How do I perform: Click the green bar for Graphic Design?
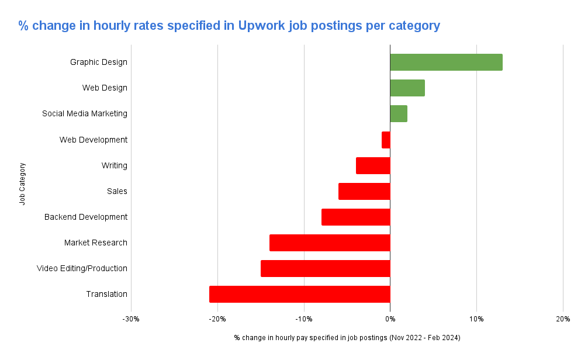tap(446, 62)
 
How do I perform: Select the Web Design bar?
tap(407, 88)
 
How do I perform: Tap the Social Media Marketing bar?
tap(399, 113)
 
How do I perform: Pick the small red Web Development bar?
tap(386, 140)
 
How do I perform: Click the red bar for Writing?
tap(373, 165)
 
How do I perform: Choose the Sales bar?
tap(364, 191)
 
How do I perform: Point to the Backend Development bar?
tap(355, 217)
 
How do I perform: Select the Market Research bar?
tap(330, 243)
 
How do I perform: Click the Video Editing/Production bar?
tap(325, 268)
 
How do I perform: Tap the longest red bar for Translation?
tap(299, 294)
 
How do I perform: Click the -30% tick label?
tap(130, 319)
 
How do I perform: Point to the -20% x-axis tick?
tap(217, 319)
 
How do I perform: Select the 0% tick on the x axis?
tap(390, 319)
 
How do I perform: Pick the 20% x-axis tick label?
tap(562, 319)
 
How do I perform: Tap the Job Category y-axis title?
tap(22, 184)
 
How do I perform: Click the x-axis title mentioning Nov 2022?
tap(347, 338)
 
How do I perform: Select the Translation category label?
tap(106, 294)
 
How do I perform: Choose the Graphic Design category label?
tap(98, 62)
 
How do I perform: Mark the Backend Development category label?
tap(85, 217)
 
